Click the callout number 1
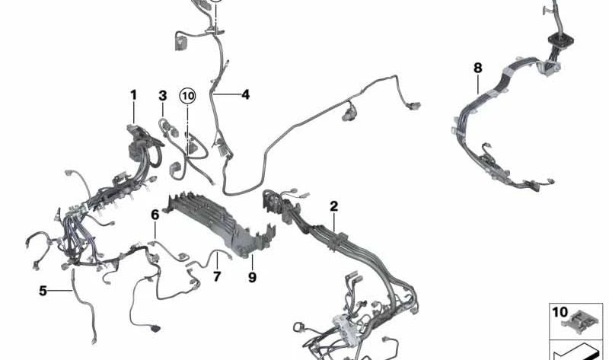[134, 95]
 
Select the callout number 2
[334, 206]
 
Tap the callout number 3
[163, 95]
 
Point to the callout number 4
[245, 94]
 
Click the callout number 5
[43, 291]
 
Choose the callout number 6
[155, 215]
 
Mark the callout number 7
[217, 276]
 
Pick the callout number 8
[478, 68]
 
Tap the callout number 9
[253, 277]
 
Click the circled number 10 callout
[187, 96]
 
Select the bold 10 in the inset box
[560, 312]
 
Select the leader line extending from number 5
[60, 290]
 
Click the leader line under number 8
[478, 84]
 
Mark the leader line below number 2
[334, 223]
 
